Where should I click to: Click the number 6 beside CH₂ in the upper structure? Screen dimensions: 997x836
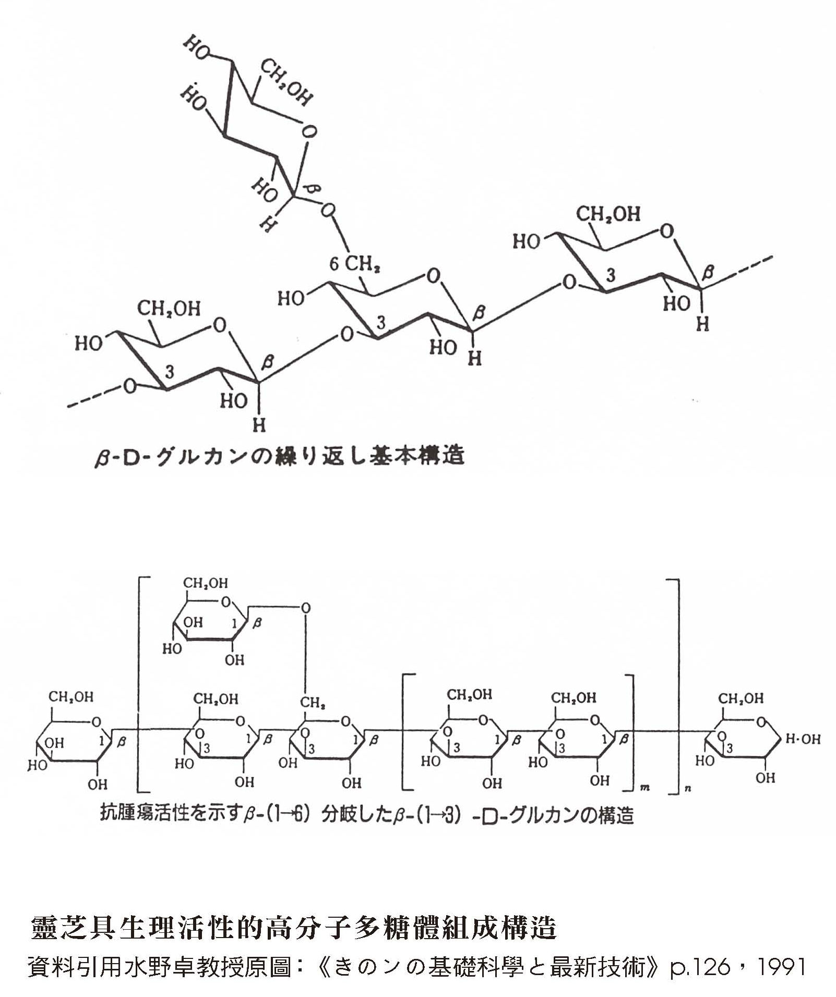tap(335, 264)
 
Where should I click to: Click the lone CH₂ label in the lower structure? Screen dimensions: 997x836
tap(313, 703)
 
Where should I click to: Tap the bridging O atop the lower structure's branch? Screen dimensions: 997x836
tap(306, 608)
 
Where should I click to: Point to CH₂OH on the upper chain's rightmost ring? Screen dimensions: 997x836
tap(608, 214)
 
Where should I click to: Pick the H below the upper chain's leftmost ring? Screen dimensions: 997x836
tap(259, 425)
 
